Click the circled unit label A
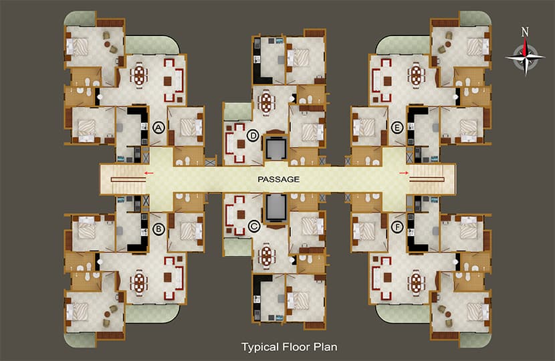pyautogui.click(x=158, y=127)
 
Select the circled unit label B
pyautogui.click(x=158, y=231)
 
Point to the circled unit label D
pyautogui.click(x=253, y=136)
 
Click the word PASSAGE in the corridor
pyautogui.click(x=277, y=179)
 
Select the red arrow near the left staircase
pyautogui.click(x=148, y=173)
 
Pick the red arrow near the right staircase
pyautogui.click(x=404, y=173)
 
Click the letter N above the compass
pyautogui.click(x=526, y=31)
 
